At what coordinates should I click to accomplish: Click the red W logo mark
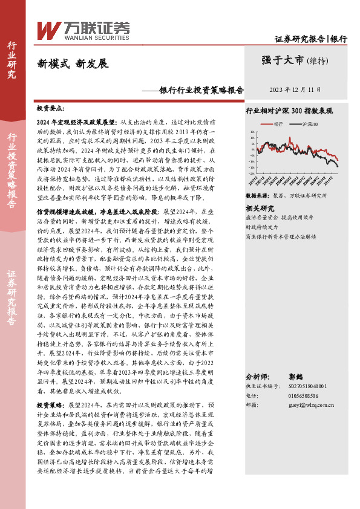tap(48, 29)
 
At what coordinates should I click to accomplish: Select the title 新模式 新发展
tap(72, 63)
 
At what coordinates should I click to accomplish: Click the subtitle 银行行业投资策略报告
tap(201, 90)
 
